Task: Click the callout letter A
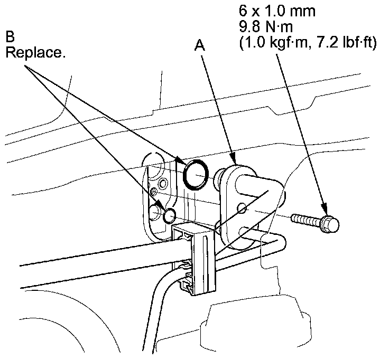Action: [200, 46]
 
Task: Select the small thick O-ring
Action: [170, 215]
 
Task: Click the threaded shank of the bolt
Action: [304, 219]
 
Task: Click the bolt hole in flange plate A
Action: [243, 209]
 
